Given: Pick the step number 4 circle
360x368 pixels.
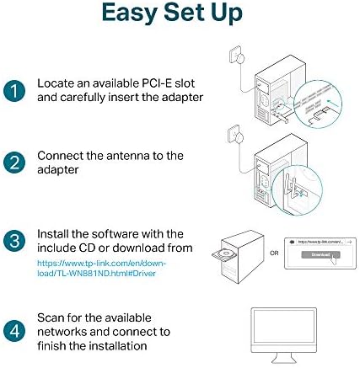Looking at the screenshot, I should point(14,329).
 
